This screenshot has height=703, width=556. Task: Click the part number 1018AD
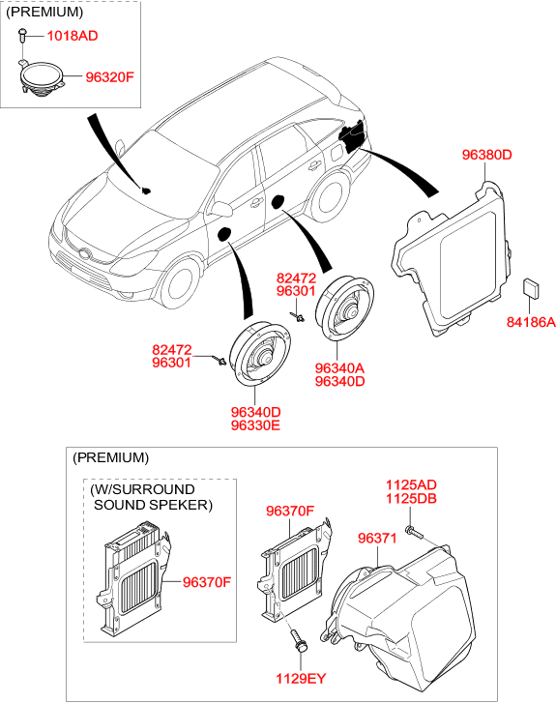[x=73, y=36]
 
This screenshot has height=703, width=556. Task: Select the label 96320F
[x=110, y=77]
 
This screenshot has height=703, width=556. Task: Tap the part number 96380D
[x=487, y=155]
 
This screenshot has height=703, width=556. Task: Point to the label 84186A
[x=531, y=322]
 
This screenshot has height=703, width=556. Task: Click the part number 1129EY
[x=301, y=679]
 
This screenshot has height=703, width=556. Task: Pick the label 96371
[x=377, y=538]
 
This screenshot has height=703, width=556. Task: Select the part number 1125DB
[x=411, y=499]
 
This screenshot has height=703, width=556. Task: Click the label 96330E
[x=255, y=425]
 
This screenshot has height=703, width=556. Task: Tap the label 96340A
[x=339, y=368]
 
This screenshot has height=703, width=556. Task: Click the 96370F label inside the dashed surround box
[x=207, y=582]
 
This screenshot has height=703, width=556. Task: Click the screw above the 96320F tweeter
[x=23, y=35]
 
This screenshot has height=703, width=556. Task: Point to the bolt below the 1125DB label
[x=414, y=532]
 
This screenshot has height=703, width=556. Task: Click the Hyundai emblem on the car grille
[x=84, y=253]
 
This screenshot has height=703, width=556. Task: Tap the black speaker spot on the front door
[x=223, y=234]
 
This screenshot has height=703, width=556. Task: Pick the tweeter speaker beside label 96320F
[x=42, y=77]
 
